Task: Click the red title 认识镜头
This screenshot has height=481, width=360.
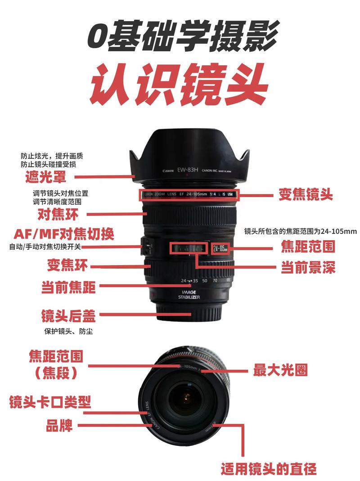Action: tap(180, 84)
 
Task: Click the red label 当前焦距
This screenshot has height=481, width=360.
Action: tap(68, 287)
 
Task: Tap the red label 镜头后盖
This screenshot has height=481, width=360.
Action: tap(68, 316)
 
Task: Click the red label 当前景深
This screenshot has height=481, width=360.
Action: tap(308, 267)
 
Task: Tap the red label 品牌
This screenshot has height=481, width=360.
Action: tap(59, 425)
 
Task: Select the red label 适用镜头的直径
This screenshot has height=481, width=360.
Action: tap(269, 469)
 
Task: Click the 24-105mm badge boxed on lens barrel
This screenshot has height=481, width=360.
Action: tap(221, 248)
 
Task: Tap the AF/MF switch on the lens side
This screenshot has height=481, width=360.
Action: tap(146, 247)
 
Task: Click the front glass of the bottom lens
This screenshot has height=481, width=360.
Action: tap(185, 399)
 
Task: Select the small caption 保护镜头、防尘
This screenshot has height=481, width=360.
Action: tap(68, 331)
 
